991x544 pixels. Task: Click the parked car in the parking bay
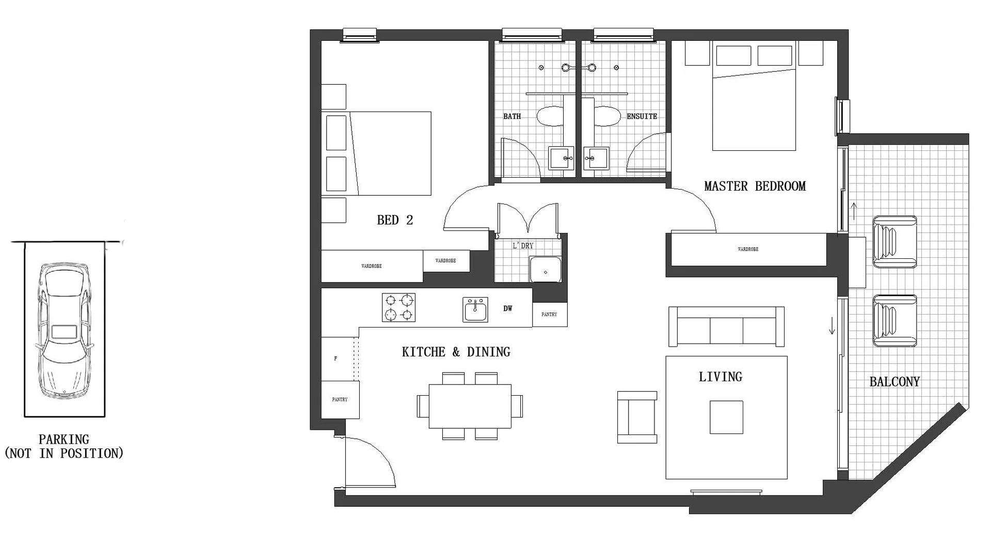coord(64,331)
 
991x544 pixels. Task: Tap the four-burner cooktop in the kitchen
coord(398,307)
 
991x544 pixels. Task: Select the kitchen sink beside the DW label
coord(475,310)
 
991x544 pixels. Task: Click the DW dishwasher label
coord(508,309)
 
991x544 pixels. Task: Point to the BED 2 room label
coord(395,221)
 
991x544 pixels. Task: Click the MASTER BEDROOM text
coord(755,186)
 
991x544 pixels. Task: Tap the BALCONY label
coord(894,382)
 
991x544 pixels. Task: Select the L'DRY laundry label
coord(523,246)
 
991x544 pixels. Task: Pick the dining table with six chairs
coord(470,406)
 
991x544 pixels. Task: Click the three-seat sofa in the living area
coord(726,327)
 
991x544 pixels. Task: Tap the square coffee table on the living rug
coord(726,417)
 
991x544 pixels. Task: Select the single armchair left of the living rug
coord(637,417)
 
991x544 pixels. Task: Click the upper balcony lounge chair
coord(894,242)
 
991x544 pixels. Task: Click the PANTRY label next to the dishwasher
coord(549,315)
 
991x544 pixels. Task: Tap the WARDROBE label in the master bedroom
coord(748,250)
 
